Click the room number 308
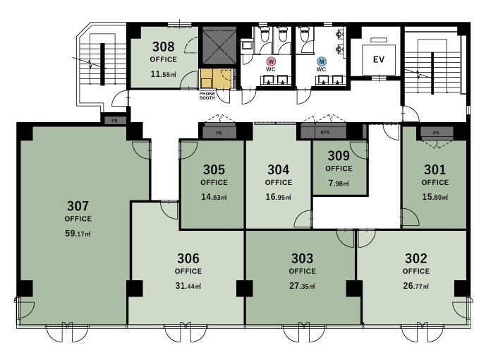(164, 47)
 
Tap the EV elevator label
(379, 59)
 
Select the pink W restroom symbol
(271, 61)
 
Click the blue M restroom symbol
(322, 61)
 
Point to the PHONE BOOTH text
(207, 95)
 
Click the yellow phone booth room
(216, 79)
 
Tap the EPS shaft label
(325, 133)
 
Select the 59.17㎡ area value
(78, 234)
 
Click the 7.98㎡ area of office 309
(339, 184)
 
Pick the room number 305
(214, 169)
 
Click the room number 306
(188, 258)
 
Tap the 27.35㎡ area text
(302, 286)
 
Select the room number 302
(416, 258)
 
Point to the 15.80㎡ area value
(435, 197)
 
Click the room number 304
(279, 169)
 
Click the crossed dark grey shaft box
(219, 46)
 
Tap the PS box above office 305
(219, 133)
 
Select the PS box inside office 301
(436, 133)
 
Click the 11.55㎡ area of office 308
(164, 74)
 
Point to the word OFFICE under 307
(78, 219)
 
